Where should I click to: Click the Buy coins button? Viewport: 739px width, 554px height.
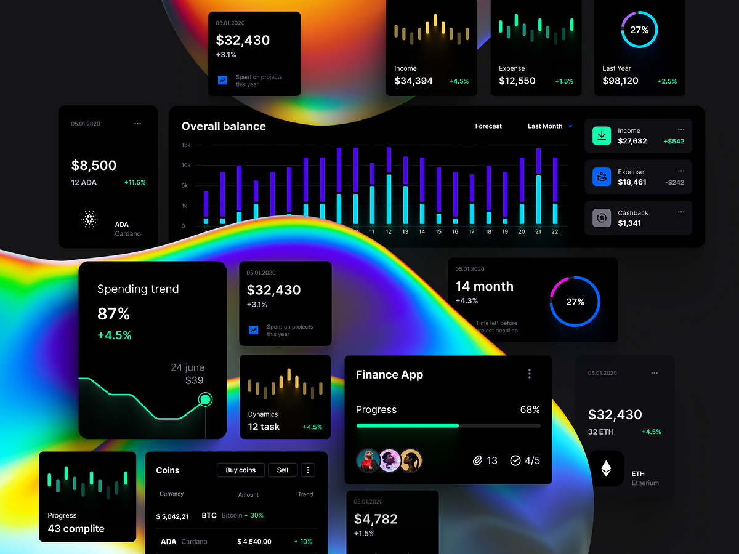(x=240, y=470)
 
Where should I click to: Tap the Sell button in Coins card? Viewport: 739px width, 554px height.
(x=283, y=470)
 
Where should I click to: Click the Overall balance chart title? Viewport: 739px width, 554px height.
(x=224, y=126)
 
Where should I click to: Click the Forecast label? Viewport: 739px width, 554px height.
(x=488, y=126)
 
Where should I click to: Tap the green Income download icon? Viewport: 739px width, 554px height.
(x=601, y=135)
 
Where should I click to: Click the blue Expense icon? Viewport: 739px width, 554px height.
(x=601, y=177)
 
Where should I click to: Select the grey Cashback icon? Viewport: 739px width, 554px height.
(x=601, y=218)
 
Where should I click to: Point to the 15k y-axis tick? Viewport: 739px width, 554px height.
(x=186, y=145)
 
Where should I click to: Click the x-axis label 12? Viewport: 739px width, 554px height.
(x=389, y=232)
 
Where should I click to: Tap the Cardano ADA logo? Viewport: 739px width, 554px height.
(x=89, y=219)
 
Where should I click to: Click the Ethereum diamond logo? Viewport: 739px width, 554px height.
(x=606, y=469)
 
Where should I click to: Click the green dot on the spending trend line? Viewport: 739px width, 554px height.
(x=206, y=400)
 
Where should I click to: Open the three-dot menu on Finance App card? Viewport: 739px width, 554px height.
(x=529, y=374)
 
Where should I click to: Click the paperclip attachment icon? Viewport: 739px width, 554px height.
(x=477, y=460)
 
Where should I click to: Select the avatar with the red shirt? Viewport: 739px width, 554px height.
(x=368, y=460)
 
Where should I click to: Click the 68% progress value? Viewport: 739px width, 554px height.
(x=530, y=410)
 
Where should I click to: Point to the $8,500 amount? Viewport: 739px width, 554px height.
(x=94, y=165)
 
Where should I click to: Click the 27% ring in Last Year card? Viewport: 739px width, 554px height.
(x=639, y=30)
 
